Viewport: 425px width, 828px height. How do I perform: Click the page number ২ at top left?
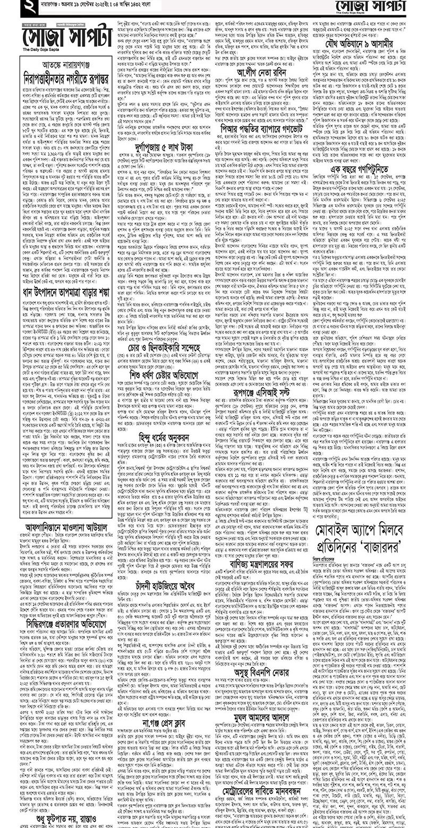click(x=25, y=7)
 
